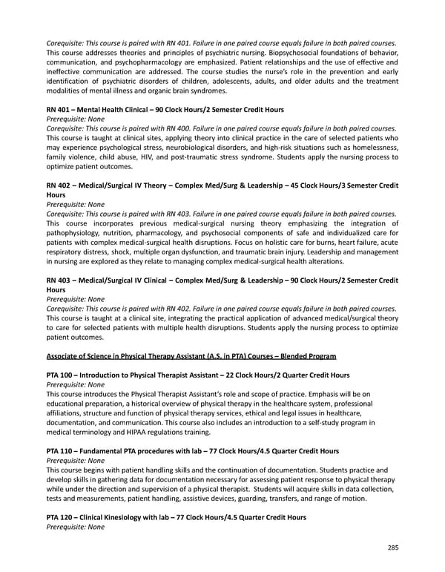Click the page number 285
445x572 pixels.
[x=392, y=548]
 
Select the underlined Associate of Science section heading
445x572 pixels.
[x=191, y=355]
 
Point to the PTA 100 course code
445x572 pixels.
[x=62, y=375]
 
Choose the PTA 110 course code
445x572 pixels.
[x=62, y=450]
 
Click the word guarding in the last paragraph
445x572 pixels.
[x=260, y=499]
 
